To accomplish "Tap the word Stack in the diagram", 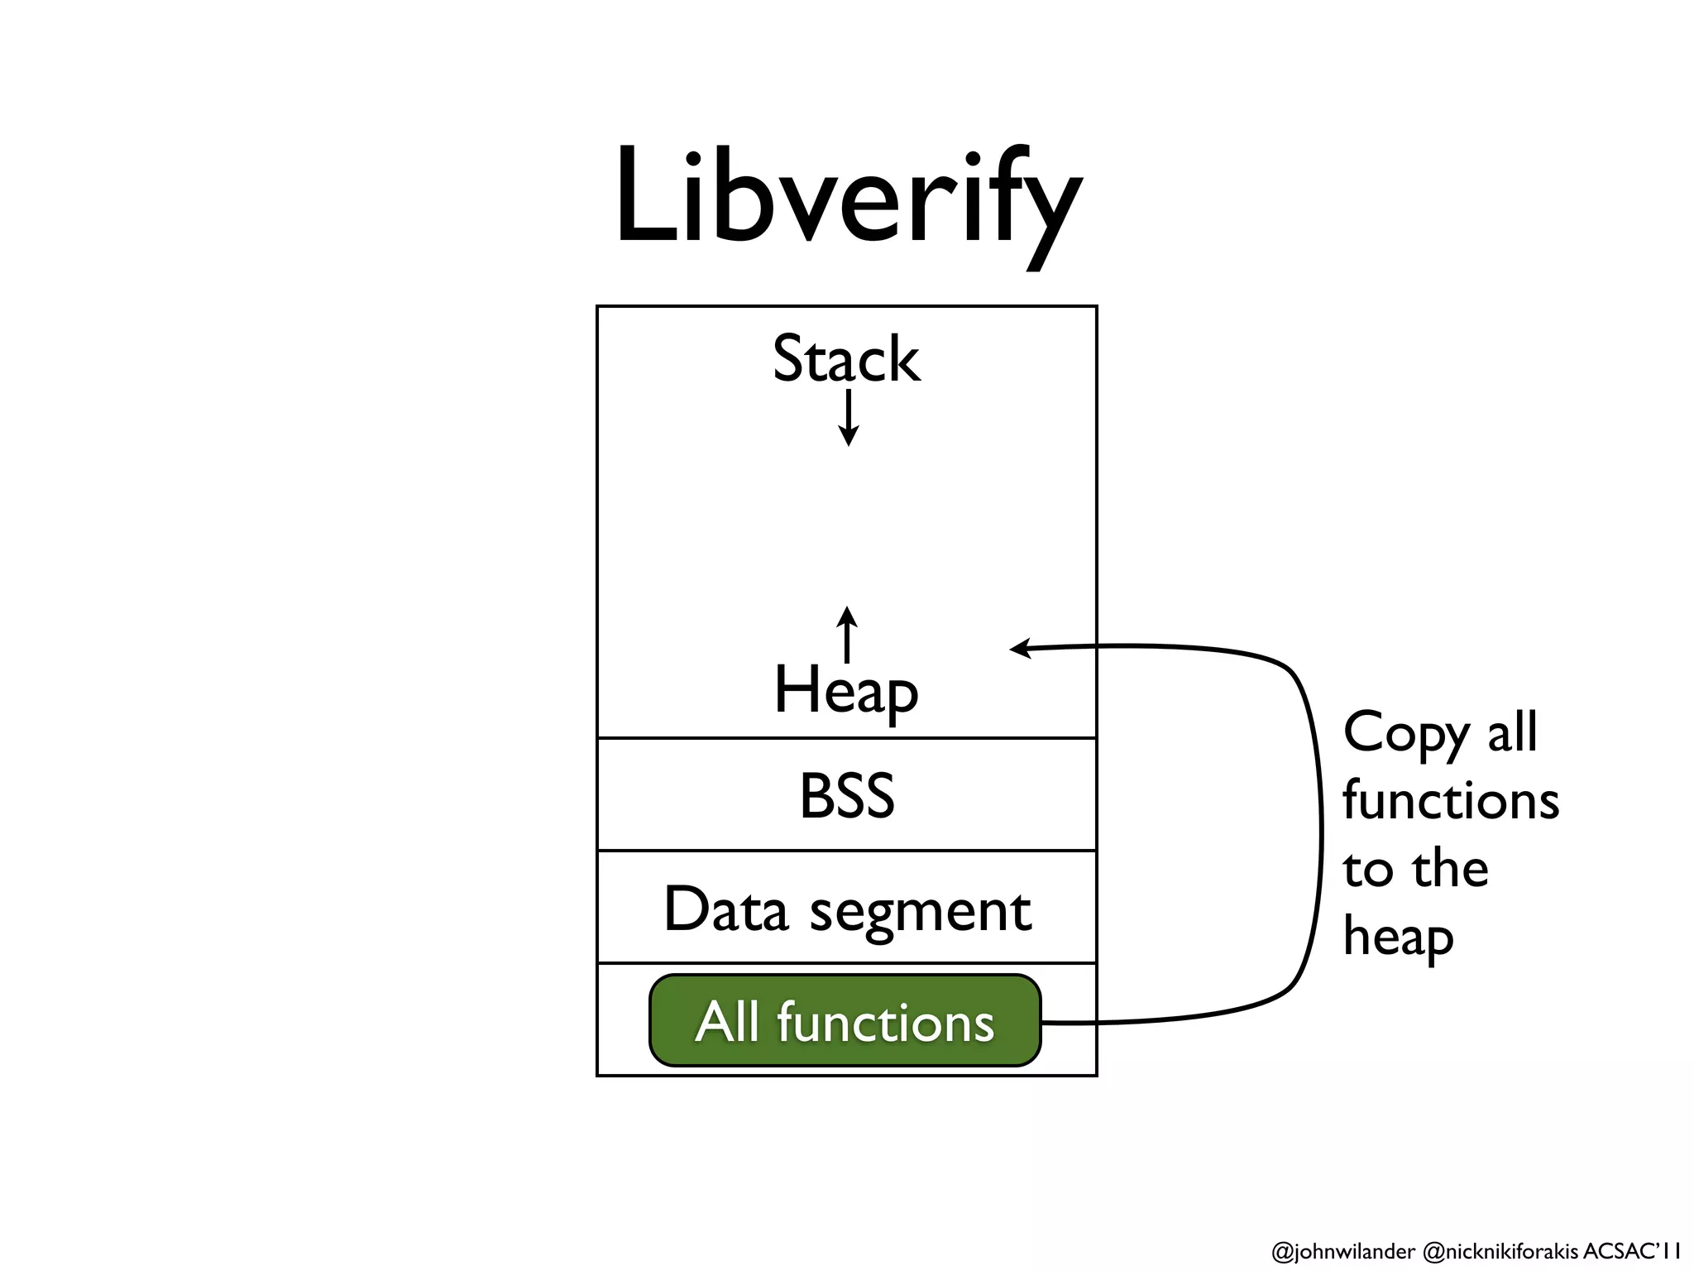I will (845, 360).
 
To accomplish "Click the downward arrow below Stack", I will (848, 420).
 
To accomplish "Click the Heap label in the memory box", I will (845, 691).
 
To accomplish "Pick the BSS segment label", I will (846, 796).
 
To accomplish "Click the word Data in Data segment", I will (725, 909).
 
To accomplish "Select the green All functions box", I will (845, 1021).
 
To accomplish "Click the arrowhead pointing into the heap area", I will (1020, 648).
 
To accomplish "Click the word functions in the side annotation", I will (1450, 801).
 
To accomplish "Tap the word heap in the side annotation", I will (1397, 938).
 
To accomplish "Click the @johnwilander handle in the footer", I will (1342, 1251).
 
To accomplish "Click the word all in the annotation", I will (1512, 733).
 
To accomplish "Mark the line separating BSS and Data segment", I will (846, 850).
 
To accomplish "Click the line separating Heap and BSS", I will (846, 737).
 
